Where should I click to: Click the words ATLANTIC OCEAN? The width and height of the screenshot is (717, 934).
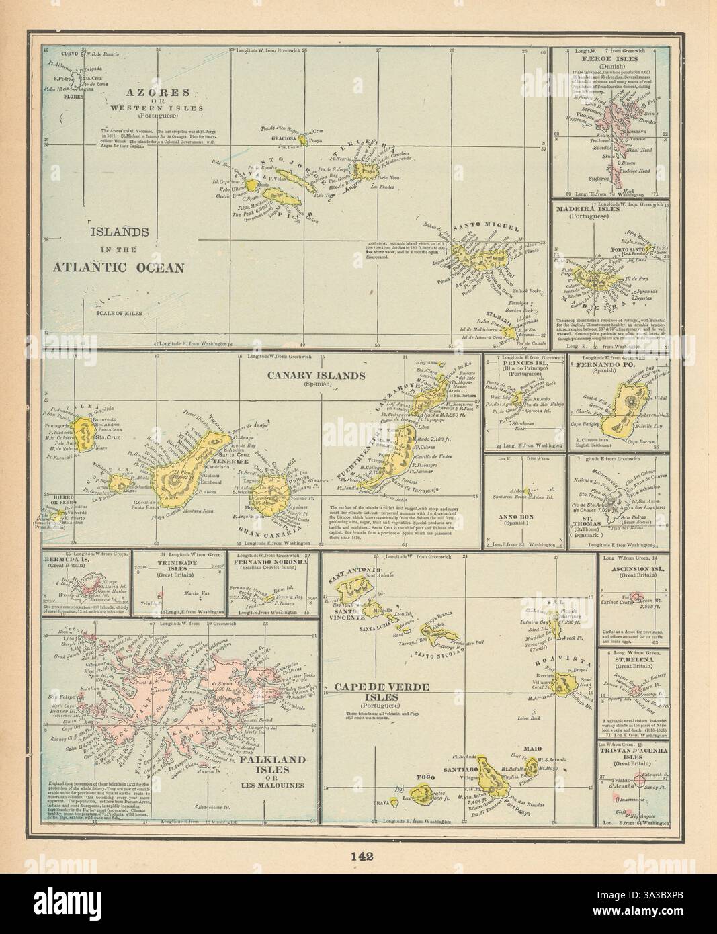click(x=118, y=267)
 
